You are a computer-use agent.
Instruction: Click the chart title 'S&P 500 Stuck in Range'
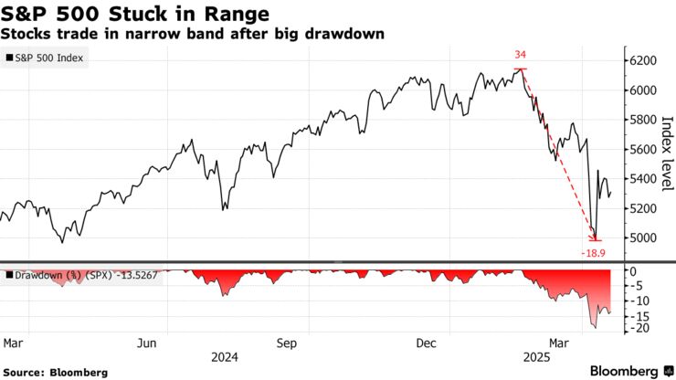[136, 14]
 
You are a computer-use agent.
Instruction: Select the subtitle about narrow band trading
[192, 34]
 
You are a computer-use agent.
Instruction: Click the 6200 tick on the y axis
[643, 60]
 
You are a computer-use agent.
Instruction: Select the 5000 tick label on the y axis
[643, 237]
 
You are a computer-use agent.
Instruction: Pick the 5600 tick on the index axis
[643, 149]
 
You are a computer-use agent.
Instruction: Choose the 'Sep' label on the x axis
[287, 343]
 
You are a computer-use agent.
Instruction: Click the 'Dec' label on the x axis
[426, 343]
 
